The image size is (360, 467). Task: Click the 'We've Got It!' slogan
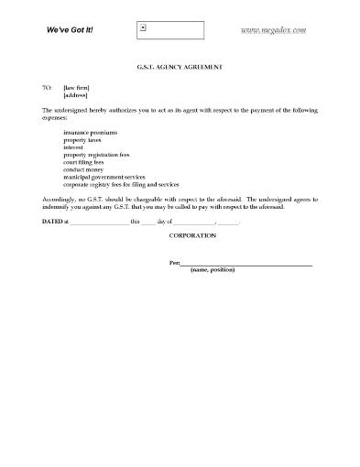pos(70,30)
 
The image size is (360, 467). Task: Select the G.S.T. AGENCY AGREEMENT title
pos(180,69)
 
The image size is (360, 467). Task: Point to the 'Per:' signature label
pos(175,264)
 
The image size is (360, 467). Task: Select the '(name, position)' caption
pos(212,272)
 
